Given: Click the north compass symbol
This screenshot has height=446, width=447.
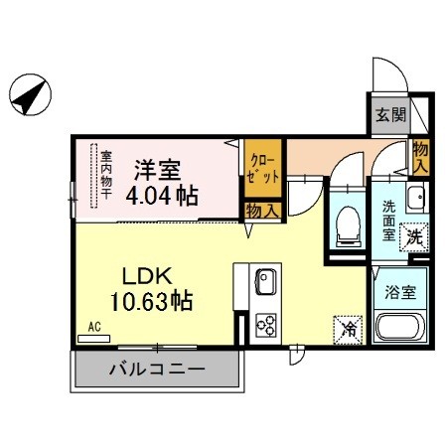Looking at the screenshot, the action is (x=30, y=94).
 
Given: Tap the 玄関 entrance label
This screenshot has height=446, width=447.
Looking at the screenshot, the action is (x=390, y=115).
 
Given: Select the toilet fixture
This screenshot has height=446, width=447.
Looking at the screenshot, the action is (x=348, y=226).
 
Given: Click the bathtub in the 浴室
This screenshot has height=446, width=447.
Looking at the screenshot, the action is (x=400, y=327).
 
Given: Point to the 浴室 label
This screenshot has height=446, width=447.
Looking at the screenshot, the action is (x=400, y=292).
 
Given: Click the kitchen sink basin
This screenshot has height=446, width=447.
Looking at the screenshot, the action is (x=265, y=282).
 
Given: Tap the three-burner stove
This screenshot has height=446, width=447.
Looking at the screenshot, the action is (x=265, y=325).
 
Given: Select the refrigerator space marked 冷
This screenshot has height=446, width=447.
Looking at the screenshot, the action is (x=348, y=330).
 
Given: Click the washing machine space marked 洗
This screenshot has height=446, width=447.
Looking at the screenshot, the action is (x=414, y=237).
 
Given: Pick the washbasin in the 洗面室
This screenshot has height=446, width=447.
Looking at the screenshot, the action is (x=415, y=198).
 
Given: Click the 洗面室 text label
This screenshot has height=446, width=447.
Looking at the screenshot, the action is (x=389, y=221).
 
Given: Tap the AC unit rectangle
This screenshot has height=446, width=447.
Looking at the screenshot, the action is (x=93, y=339).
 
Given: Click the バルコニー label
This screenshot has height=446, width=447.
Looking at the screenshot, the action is (x=157, y=369).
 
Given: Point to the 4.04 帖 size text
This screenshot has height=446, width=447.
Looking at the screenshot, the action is (x=162, y=196).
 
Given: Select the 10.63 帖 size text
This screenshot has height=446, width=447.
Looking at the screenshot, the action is (x=151, y=300).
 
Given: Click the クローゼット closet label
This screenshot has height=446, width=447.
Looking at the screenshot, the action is (x=263, y=169).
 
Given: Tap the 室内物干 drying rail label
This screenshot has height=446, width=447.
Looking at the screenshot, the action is (x=106, y=175).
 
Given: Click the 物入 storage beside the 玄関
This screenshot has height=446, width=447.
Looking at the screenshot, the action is (x=420, y=157).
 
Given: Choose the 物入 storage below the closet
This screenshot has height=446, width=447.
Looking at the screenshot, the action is (x=263, y=211).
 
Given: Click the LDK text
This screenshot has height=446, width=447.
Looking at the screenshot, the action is (x=147, y=276).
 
